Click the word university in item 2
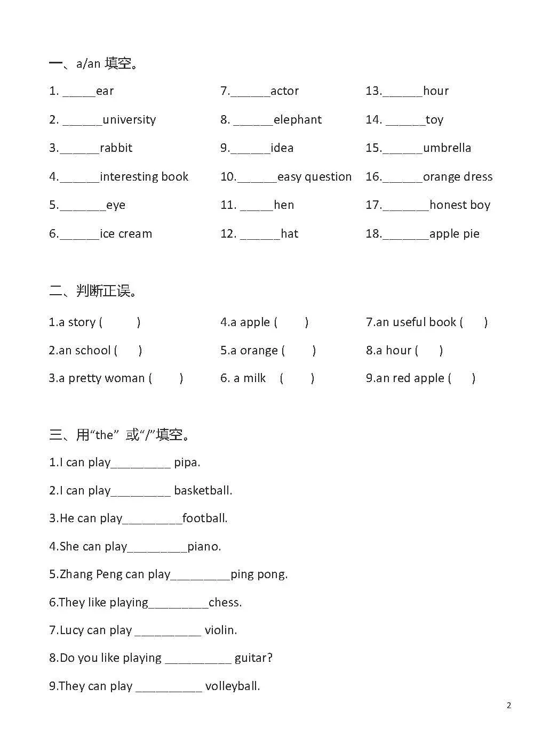pos(129,120)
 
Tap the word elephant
pos(297,120)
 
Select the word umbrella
pos(447,148)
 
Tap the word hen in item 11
pos(284,205)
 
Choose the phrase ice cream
pos(126,234)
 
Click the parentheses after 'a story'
pos(120,322)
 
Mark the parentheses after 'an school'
pos(128,351)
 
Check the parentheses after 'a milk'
pos(297,378)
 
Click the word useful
pos(409,322)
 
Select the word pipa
pos(187,463)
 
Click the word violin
pos(221,630)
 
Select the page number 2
pos(509,706)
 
